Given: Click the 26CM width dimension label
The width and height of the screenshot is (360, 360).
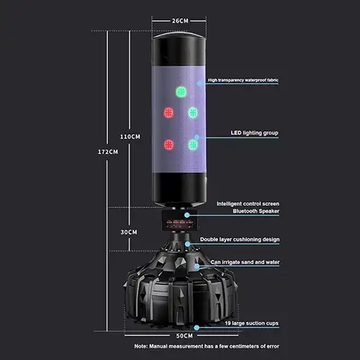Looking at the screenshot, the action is [180, 21].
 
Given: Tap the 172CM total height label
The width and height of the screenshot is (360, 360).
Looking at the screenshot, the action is [108, 152].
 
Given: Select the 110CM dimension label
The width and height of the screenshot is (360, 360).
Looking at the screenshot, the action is [130, 137].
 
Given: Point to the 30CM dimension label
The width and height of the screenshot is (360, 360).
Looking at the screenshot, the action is [129, 232].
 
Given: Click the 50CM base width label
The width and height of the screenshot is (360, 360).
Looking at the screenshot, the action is [184, 336].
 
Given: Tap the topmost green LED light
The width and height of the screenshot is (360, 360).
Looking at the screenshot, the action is [181, 92].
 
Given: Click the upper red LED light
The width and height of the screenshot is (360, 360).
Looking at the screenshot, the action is [168, 112].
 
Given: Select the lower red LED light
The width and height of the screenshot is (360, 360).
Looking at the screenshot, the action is [168, 145].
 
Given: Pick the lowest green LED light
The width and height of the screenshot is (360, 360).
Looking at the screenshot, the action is [193, 145].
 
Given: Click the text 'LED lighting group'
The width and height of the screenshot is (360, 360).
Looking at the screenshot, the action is [254, 133].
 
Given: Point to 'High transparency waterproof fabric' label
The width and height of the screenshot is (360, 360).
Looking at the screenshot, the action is [243, 80].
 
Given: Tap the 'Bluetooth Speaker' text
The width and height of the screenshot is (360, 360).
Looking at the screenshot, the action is [256, 211].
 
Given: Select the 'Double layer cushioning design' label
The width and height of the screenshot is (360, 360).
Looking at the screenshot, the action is [240, 240].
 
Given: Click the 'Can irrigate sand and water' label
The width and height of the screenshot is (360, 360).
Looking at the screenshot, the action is [245, 262].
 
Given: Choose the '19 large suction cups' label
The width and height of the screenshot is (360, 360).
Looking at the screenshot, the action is [251, 323].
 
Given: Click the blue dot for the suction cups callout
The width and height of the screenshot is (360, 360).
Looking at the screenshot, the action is [197, 328].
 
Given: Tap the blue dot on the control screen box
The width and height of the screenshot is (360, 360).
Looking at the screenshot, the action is [187, 215].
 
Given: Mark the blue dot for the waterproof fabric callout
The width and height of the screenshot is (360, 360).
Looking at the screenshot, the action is [199, 84].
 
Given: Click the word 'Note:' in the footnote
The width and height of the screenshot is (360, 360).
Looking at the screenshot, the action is [141, 346].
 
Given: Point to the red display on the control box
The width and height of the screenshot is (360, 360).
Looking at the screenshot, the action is [180, 222].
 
